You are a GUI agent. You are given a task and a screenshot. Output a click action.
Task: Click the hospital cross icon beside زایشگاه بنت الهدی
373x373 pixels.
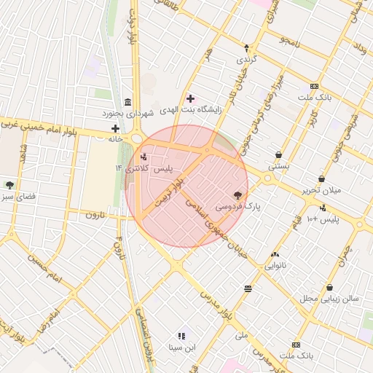click(x=190, y=98)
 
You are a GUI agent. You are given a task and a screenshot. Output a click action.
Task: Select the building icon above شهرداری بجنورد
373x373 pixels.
click(x=128, y=101)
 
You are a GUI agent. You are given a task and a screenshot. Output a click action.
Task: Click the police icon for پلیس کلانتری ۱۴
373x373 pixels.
click(x=143, y=157)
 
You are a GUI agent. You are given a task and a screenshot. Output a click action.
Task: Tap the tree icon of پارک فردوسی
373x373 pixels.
click(x=237, y=195)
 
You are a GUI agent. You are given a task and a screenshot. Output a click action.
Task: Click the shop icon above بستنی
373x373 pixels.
click(x=280, y=154)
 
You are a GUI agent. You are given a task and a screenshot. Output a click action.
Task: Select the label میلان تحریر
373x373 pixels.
click(x=321, y=191)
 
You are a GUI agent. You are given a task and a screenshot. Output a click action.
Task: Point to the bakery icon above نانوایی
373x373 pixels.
click(x=275, y=254)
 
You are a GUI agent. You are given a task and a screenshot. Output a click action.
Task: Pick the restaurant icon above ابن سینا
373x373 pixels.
click(x=182, y=336)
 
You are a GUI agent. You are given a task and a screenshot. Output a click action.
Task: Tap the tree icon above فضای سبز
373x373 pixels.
click(x=9, y=185)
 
